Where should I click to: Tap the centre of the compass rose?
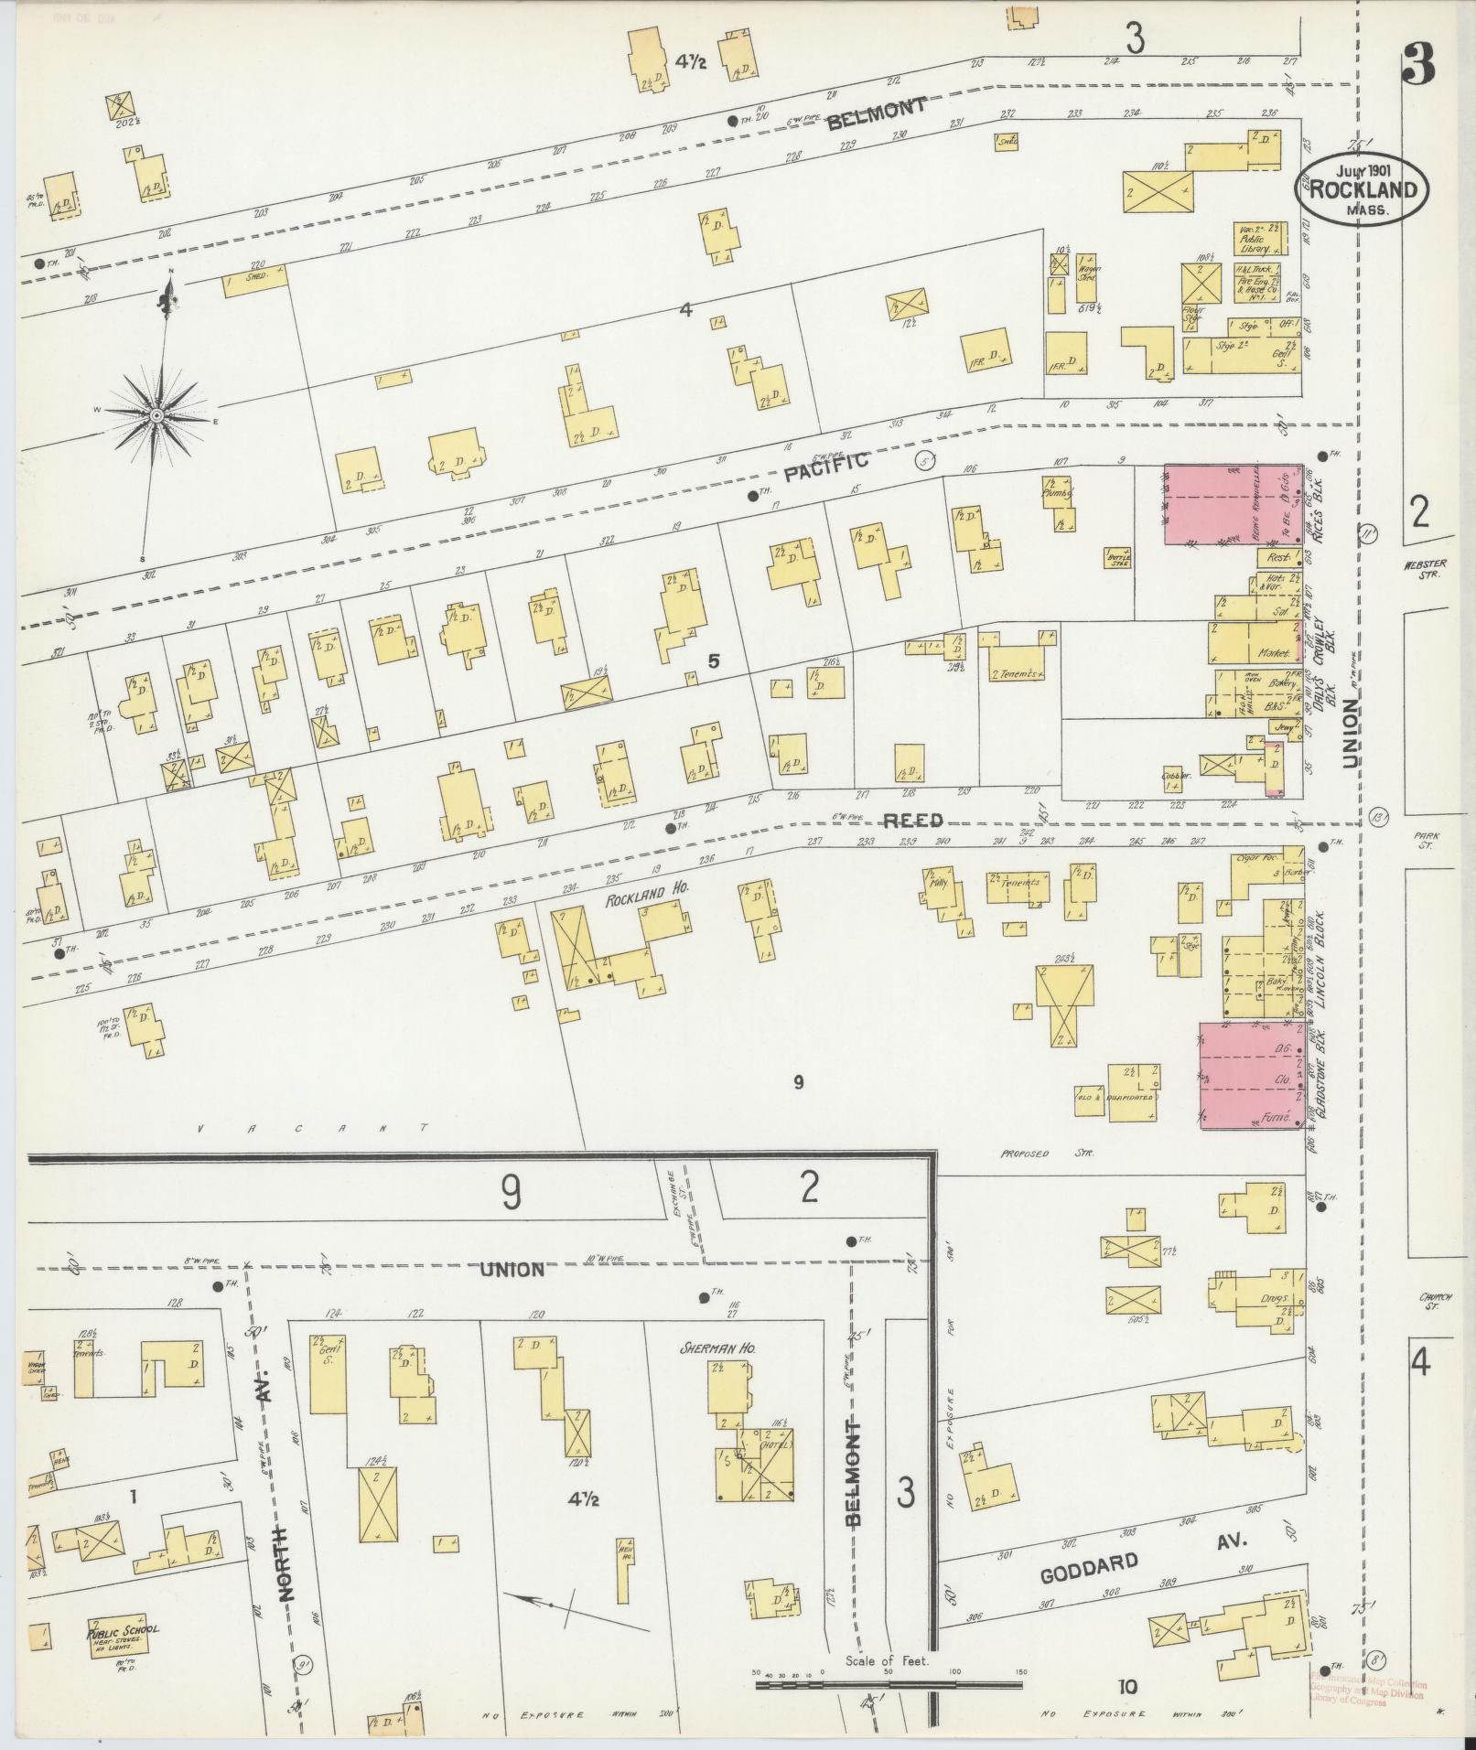pyautogui.click(x=157, y=417)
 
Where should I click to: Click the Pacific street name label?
pyautogui.click(x=825, y=468)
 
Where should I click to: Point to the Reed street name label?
pyautogui.click(x=912, y=821)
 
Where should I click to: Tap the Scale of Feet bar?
pyautogui.click(x=888, y=1683)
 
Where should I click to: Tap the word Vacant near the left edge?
pyautogui.click(x=311, y=1130)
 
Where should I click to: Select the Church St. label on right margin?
pyautogui.click(x=1429, y=1301)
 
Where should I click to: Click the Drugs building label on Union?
pyautogui.click(x=1272, y=1298)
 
